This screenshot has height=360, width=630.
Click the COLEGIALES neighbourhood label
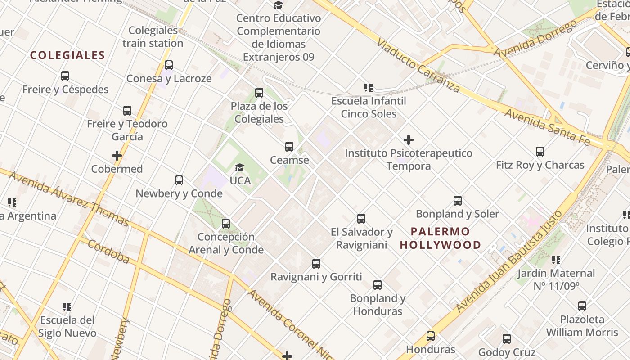pos(67,55)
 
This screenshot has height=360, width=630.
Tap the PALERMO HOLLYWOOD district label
pos(441,238)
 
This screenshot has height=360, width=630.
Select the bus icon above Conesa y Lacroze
pos(169,65)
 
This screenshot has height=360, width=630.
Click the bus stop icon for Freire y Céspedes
pos(65,76)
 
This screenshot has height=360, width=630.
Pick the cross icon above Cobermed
pos(117,156)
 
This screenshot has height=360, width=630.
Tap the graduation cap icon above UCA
pos(240,167)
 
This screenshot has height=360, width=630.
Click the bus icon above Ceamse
pos(289,147)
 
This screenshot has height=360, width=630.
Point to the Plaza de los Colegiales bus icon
pos(259,93)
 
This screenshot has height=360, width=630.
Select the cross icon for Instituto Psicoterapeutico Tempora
pos(409,140)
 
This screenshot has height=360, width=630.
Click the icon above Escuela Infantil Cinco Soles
pos(369,88)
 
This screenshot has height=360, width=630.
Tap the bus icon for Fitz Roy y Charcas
pos(540,152)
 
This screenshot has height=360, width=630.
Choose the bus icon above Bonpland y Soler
pos(458,201)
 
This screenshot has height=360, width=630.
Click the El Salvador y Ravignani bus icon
pos(361,219)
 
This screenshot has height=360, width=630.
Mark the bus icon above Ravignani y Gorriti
pos(316,264)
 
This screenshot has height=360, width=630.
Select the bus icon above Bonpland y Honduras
pos(378,285)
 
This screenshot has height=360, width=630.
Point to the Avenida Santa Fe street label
pos(546,127)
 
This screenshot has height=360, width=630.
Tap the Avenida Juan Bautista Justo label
pos(508,262)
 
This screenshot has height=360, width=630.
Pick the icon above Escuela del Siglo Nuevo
pos(67,307)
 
